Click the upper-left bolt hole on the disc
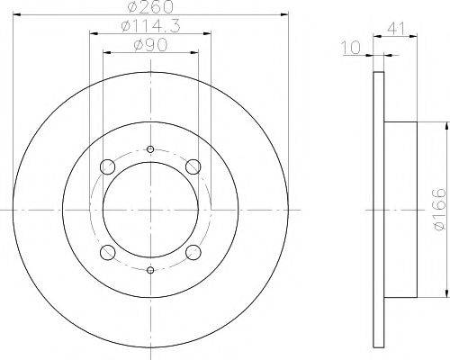pyautogui.click(x=107, y=166)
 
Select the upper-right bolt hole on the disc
pyautogui.click(x=192, y=166)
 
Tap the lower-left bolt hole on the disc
pyautogui.click(x=107, y=251)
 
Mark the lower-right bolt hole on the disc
pyautogui.click(x=192, y=251)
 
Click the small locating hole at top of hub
pyautogui.click(x=149, y=149)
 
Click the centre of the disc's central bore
pyautogui.click(x=149, y=209)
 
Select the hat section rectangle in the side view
pyautogui.click(x=400, y=209)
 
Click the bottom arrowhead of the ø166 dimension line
pyautogui.click(x=447, y=292)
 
